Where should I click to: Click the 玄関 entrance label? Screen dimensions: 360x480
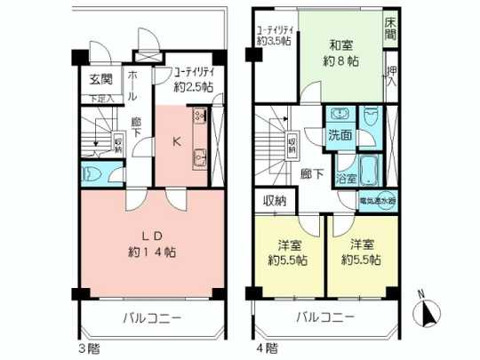pos(99,80)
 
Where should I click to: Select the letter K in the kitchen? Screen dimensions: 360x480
pos(178,140)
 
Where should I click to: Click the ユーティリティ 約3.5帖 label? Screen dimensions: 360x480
pos(274,33)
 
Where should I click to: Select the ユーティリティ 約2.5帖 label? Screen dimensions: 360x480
pos(195,80)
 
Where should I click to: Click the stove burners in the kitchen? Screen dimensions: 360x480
pos(200,116)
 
